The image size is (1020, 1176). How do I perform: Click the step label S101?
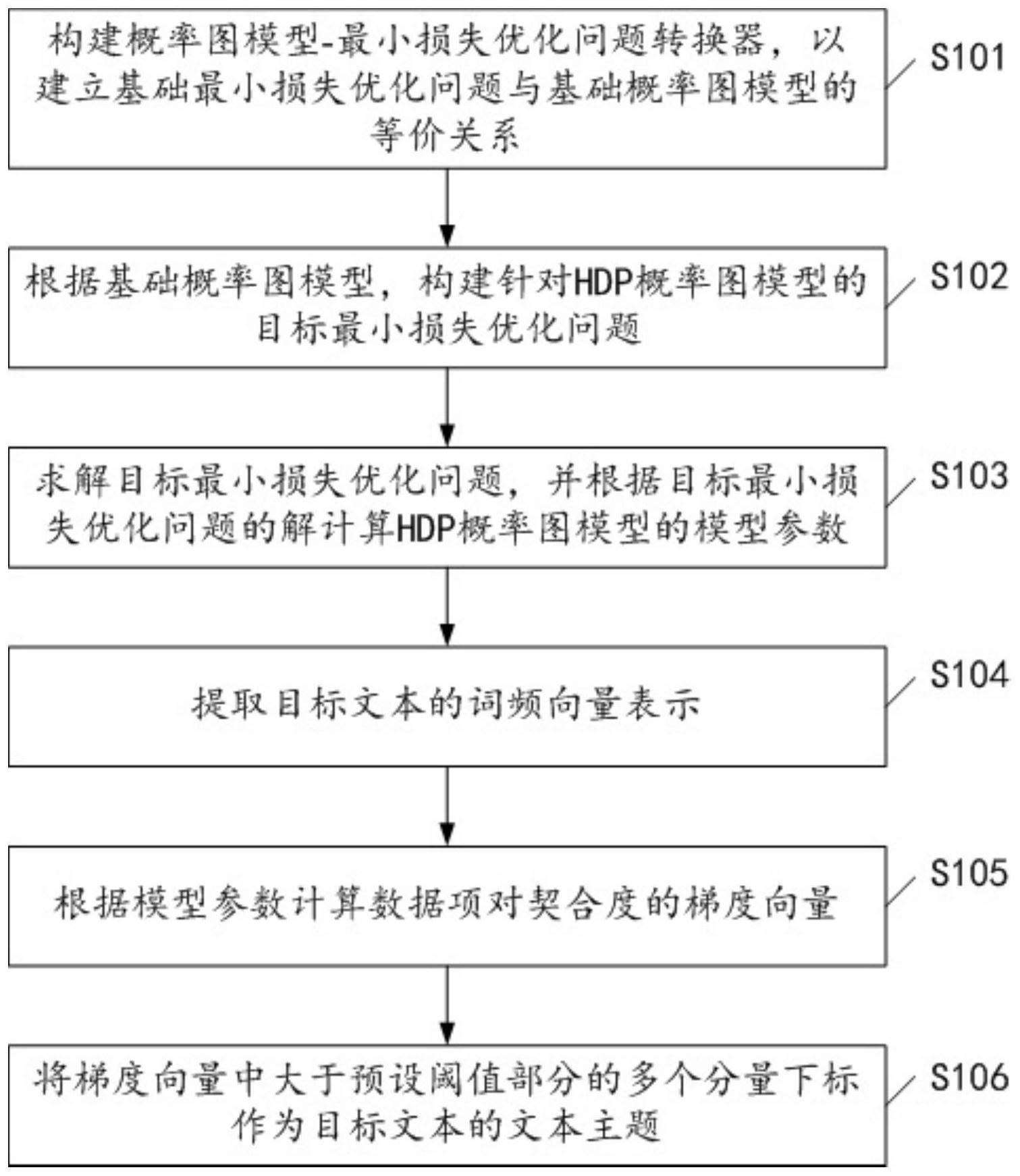click(x=969, y=57)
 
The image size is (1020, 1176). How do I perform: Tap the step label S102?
click(x=969, y=276)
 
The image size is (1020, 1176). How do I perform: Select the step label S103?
click(x=969, y=476)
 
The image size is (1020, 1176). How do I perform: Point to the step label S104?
click(x=969, y=674)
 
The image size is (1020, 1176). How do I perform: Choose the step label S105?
click(x=969, y=873)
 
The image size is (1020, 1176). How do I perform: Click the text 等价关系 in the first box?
click(x=446, y=137)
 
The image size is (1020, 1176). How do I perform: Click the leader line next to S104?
click(x=902, y=689)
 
